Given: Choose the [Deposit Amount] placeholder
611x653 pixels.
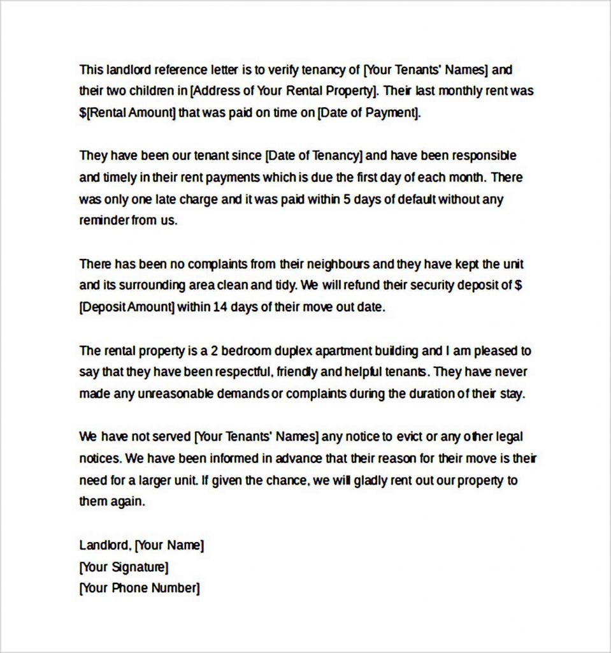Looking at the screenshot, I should (x=127, y=307).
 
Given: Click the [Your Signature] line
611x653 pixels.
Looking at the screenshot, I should (x=124, y=567).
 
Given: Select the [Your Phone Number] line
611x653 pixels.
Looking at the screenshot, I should (x=140, y=588).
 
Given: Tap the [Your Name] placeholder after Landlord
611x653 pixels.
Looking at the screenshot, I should (x=169, y=545).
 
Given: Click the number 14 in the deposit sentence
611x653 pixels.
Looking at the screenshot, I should (x=220, y=307).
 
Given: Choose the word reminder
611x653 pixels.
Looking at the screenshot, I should (x=104, y=221).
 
